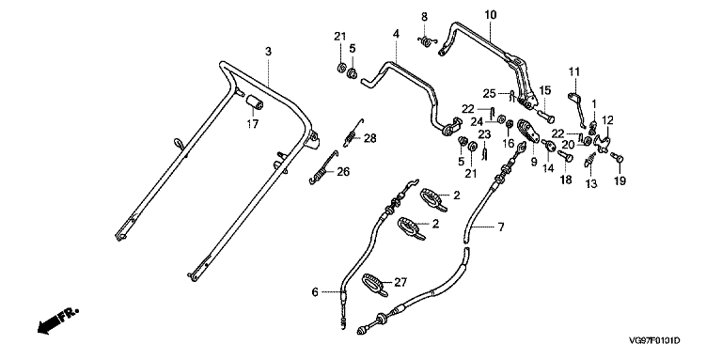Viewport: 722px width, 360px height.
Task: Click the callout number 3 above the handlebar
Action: point(269,51)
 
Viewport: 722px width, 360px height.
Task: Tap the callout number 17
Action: point(253,123)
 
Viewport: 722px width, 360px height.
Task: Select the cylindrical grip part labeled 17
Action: point(255,102)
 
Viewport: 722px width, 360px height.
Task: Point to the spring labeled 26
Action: point(323,167)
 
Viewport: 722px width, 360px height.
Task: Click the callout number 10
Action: point(491,15)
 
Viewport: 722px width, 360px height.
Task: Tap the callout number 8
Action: point(424,17)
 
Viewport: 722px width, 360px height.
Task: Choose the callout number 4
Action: point(396,34)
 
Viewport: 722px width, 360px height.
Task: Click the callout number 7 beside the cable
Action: point(500,227)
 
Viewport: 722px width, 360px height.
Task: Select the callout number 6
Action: point(315,292)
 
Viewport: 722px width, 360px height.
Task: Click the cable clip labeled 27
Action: point(375,284)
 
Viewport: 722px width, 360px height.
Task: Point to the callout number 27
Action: point(401,282)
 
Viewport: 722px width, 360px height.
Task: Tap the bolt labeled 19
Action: point(617,158)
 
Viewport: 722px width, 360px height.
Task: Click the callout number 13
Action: point(591,183)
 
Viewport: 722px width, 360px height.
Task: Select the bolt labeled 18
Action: point(565,158)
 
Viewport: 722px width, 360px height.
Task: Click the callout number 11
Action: point(573,71)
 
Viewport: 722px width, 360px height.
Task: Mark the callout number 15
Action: point(545,90)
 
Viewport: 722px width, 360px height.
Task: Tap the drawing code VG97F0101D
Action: point(654,341)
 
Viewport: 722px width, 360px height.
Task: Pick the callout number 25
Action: point(489,94)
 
